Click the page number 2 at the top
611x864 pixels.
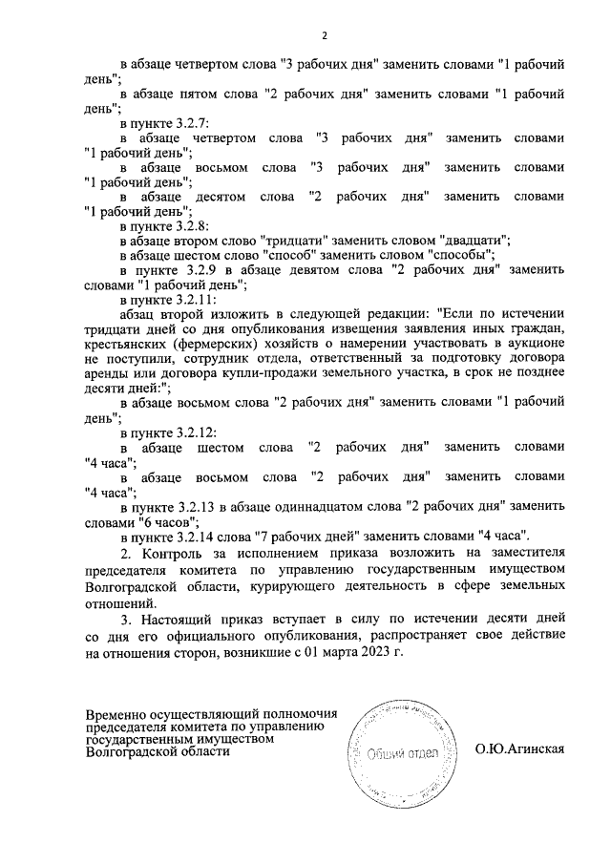click(x=324, y=36)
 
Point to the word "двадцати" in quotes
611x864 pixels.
click(x=474, y=240)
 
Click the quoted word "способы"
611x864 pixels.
click(x=462, y=255)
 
